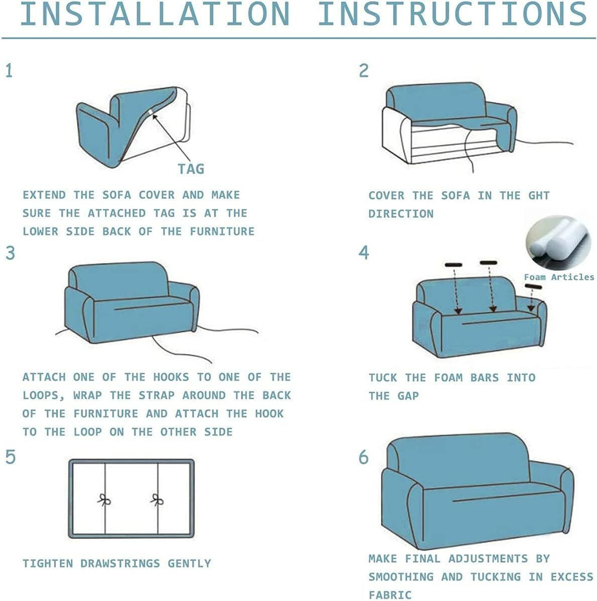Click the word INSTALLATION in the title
point(155,14)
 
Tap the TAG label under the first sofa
point(191,169)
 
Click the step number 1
point(9,71)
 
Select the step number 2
point(363,71)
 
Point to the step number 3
point(10,253)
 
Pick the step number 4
point(364,252)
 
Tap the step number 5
point(10,457)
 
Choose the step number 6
point(363,457)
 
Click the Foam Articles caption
point(559,277)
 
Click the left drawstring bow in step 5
point(104,500)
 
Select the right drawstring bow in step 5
point(157,500)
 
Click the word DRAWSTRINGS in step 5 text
point(120,563)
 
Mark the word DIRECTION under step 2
point(401,214)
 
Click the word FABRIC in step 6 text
point(390,595)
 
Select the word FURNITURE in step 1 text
point(222,232)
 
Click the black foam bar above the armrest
point(534,286)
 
